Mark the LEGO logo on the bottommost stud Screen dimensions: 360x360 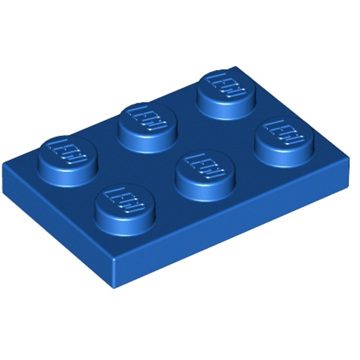click(125, 199)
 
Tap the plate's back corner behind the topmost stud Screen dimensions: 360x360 click(236, 67)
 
